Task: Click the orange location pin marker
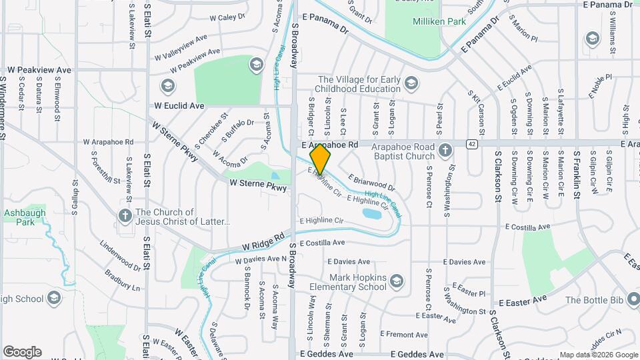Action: coord(321,159)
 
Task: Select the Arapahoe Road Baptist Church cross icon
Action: coord(445,150)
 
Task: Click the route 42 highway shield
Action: coord(472,143)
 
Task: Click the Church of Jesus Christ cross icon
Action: coord(125,215)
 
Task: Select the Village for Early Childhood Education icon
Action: coord(412,83)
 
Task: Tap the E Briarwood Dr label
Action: coord(371,183)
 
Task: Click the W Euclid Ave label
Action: coord(179,105)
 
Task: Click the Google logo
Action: coord(23,351)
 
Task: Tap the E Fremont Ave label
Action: coord(403,333)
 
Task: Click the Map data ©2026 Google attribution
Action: coord(598,355)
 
